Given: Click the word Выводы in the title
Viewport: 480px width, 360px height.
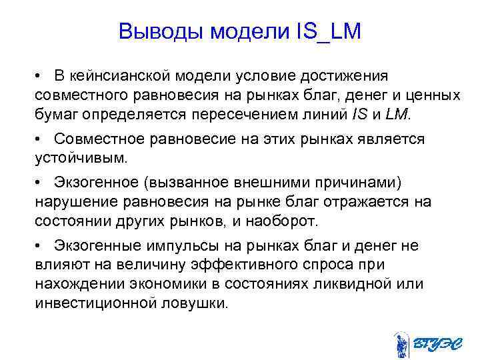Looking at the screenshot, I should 159,31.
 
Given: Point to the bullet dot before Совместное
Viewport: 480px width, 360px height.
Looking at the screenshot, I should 41,140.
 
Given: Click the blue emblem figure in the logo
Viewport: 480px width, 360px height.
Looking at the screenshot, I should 401,345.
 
